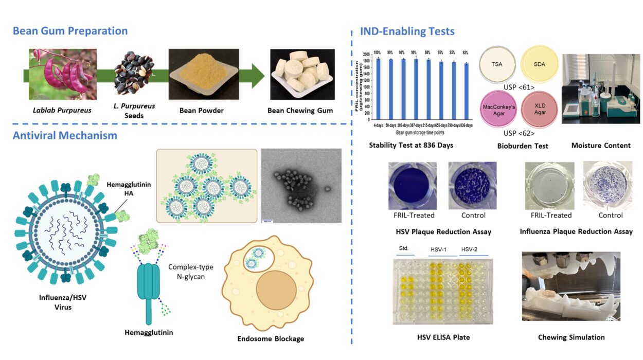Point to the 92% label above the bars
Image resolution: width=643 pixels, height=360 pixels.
pos(466,52)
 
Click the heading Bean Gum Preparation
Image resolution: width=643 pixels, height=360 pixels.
pos(70,30)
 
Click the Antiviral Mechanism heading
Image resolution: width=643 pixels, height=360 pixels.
pos(65,136)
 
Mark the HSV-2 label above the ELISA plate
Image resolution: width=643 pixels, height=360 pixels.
pos(469,249)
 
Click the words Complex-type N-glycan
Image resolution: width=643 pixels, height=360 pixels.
pos(190,272)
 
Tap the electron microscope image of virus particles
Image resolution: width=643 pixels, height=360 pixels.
pos(301,186)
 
